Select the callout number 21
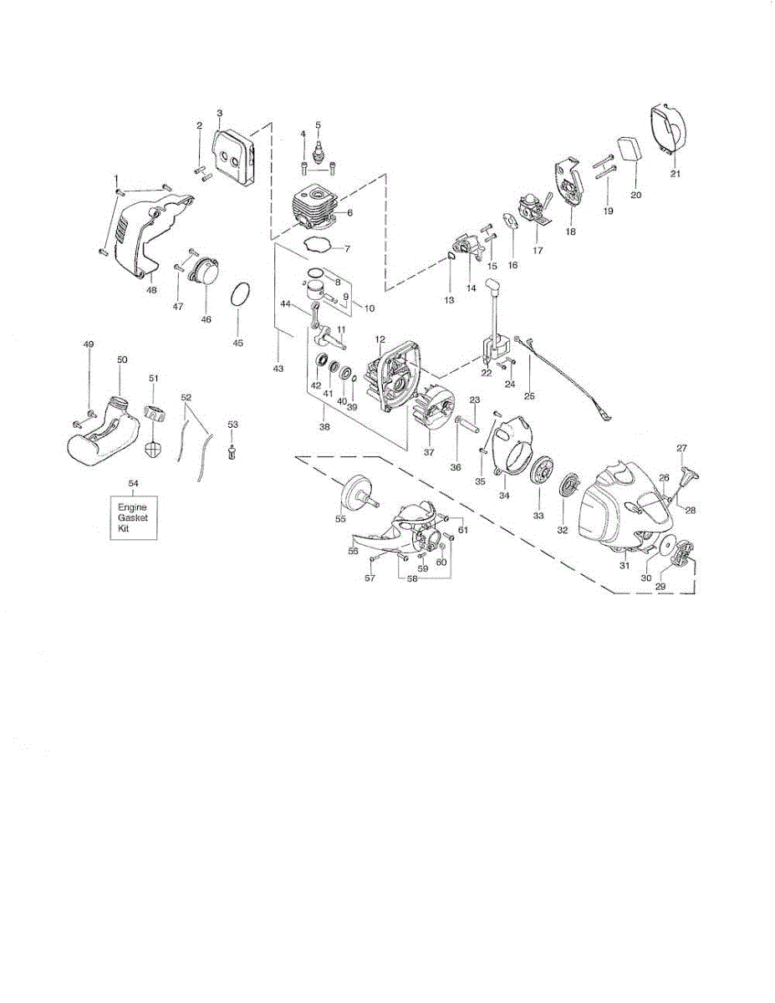coord(676,174)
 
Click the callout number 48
coord(151,290)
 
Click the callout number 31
coord(624,566)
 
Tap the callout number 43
coord(278,369)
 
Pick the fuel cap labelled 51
coord(154,413)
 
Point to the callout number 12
coord(380,340)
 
